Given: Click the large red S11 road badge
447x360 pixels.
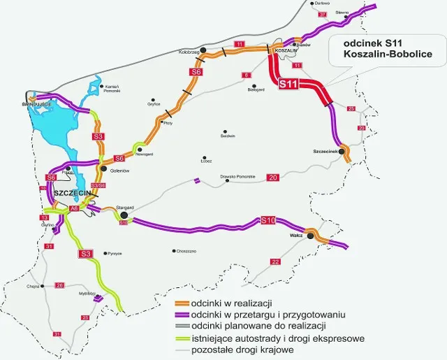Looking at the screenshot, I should [x=288, y=85].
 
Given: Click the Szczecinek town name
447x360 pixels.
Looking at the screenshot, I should [x=325, y=151].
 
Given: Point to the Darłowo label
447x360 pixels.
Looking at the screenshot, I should [x=321, y=3].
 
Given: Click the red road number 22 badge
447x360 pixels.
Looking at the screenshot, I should [x=275, y=261].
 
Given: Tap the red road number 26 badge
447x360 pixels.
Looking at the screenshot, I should [x=60, y=285].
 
